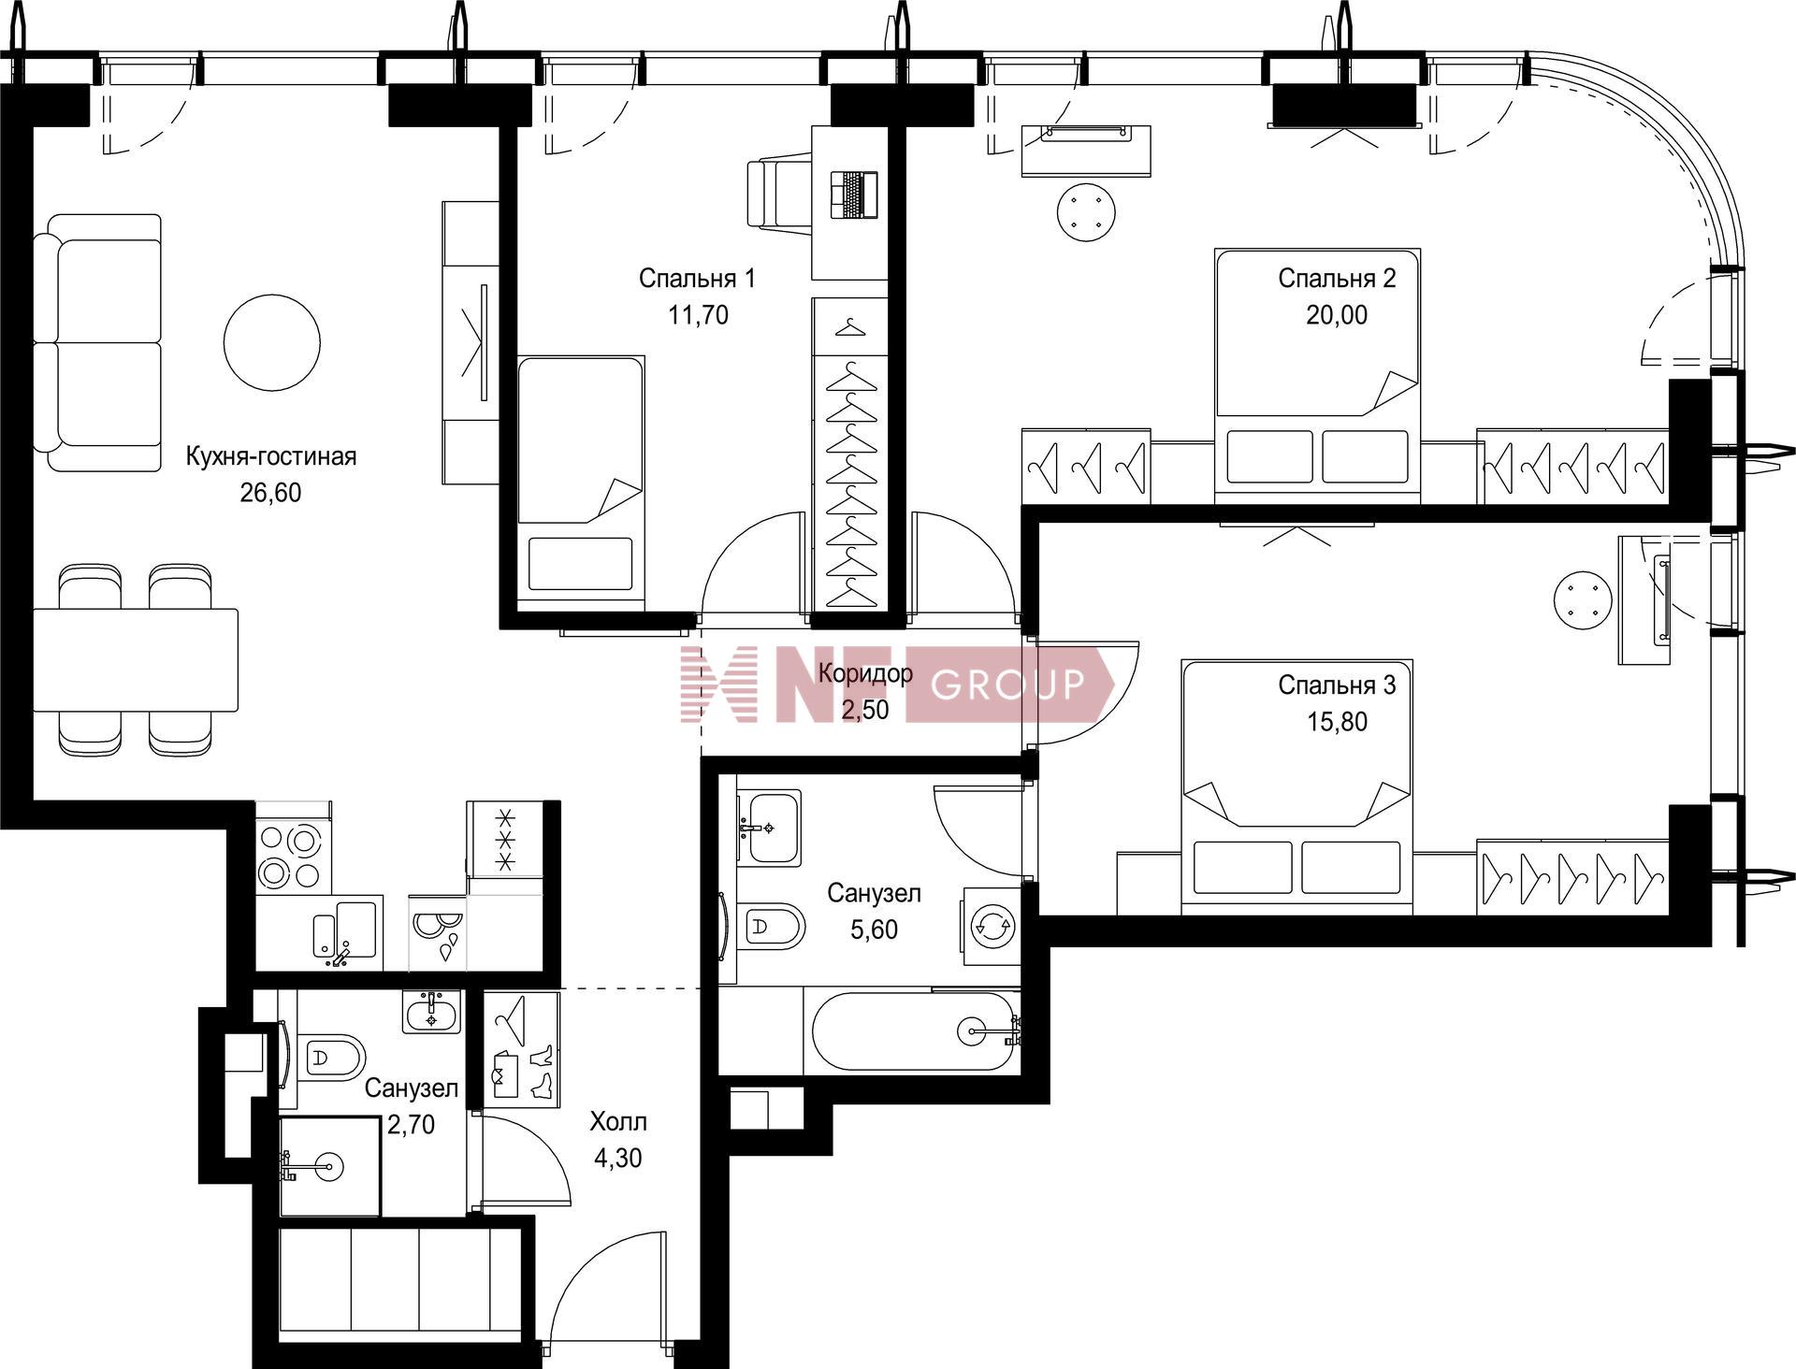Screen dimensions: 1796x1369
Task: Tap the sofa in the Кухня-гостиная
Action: [97, 342]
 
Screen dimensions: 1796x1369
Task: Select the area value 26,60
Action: [270, 492]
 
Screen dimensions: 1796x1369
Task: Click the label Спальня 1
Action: [697, 278]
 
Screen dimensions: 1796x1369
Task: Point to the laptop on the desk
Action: [854, 195]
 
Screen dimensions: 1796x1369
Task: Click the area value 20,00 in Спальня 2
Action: [1337, 315]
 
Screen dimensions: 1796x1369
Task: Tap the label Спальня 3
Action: [1337, 685]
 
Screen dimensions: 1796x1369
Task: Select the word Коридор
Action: [865, 673]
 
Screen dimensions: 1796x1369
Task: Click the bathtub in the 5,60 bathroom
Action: [913, 1030]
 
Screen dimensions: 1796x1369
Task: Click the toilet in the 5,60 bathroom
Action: [771, 927]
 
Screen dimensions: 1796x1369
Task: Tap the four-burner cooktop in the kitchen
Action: [291, 857]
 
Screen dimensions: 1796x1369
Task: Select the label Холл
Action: [618, 1121]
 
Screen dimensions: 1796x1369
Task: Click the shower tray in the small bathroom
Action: [329, 1166]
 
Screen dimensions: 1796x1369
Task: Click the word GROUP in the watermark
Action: [1007, 684]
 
